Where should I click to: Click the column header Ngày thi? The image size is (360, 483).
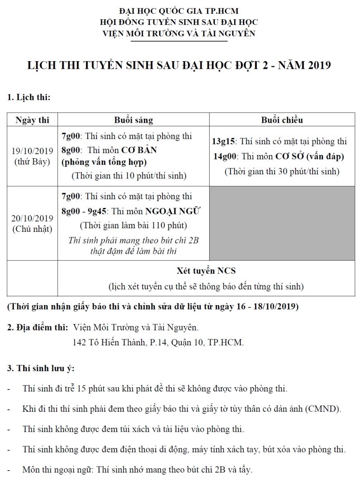[x=32, y=120]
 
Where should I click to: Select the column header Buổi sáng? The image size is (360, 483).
[x=133, y=120]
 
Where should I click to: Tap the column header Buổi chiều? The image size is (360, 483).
[x=282, y=120]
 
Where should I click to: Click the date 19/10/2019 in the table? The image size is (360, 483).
[x=32, y=151]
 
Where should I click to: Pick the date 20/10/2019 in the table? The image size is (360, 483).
[x=32, y=219]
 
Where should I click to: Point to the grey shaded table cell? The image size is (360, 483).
[x=282, y=223]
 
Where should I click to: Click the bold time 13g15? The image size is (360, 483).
[x=224, y=142]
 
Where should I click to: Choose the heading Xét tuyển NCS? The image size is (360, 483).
[x=206, y=271]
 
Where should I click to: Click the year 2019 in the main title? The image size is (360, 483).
[x=319, y=66]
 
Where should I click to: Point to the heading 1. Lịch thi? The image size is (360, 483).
[x=29, y=97]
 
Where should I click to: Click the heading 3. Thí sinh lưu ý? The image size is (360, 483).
[x=41, y=368]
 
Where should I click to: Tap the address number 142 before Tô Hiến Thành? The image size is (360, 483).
[x=79, y=343]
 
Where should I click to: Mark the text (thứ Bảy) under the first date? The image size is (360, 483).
[x=32, y=162]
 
